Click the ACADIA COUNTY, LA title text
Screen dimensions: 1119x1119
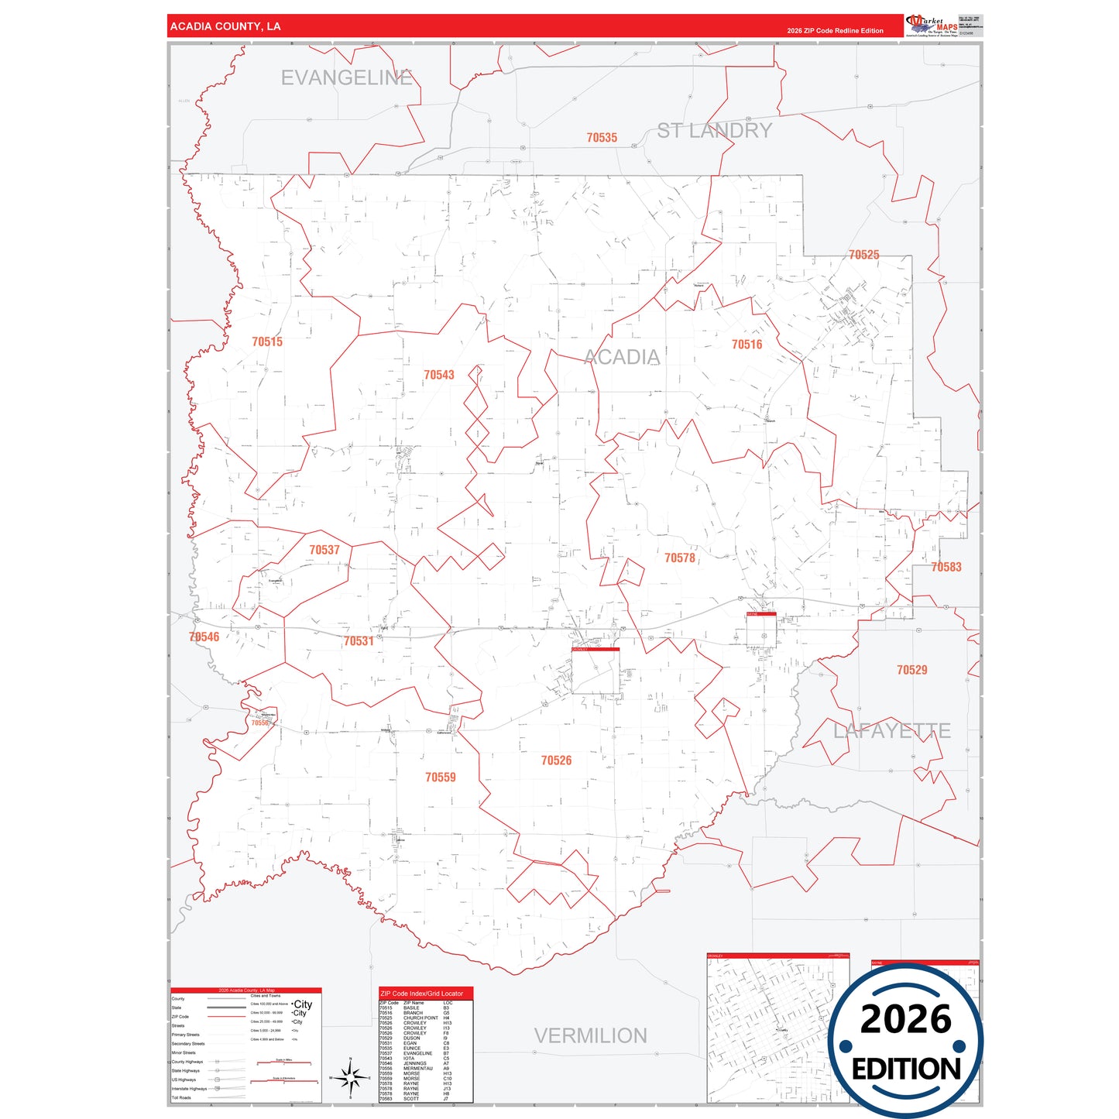point(225,26)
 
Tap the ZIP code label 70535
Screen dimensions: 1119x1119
point(602,138)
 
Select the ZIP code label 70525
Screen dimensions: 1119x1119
point(863,255)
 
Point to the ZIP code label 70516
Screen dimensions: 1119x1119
point(747,345)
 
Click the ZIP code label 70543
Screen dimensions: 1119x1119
point(438,375)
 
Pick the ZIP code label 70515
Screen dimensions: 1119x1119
point(267,342)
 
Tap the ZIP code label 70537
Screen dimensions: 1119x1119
point(324,550)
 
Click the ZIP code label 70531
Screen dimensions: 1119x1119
point(359,641)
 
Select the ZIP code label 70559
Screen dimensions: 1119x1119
point(440,777)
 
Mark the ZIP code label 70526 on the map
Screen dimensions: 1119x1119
point(556,760)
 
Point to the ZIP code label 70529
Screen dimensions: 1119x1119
point(911,670)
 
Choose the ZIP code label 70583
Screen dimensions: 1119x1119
point(946,567)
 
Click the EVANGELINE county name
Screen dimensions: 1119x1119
point(346,78)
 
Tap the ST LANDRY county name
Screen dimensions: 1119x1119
point(714,131)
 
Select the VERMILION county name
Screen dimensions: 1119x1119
point(590,1035)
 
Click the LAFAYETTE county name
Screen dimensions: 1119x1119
point(891,730)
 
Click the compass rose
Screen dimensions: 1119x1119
point(351,1077)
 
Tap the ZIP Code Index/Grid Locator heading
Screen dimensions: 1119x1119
point(422,994)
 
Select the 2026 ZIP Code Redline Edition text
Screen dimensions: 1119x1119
point(835,31)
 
